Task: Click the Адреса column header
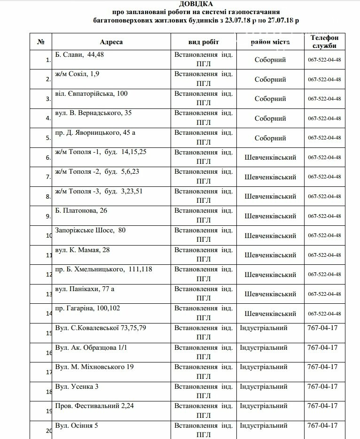coord(111,42)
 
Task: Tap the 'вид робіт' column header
coord(203,42)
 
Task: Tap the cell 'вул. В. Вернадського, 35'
coord(93,113)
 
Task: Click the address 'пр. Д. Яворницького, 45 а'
coord(95,133)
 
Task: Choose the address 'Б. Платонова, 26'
coord(81,210)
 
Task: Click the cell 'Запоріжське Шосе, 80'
coord(90,230)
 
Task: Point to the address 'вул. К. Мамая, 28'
coord(82,250)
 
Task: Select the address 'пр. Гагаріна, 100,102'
coord(87,308)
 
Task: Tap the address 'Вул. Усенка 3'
coord(77,386)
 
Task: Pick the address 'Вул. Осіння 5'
coord(77,426)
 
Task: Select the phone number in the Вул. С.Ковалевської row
coord(322,328)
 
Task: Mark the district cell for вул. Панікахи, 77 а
coord(270,294)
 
